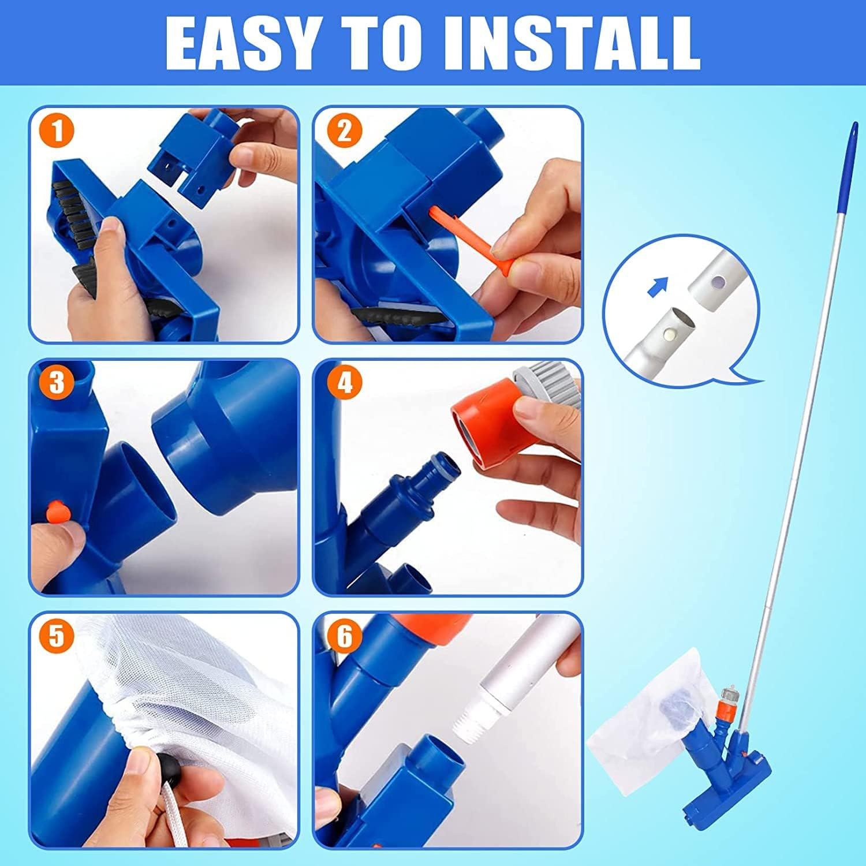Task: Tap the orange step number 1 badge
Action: [57, 131]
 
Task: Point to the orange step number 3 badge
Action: [57, 382]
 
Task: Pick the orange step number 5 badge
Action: [57, 637]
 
